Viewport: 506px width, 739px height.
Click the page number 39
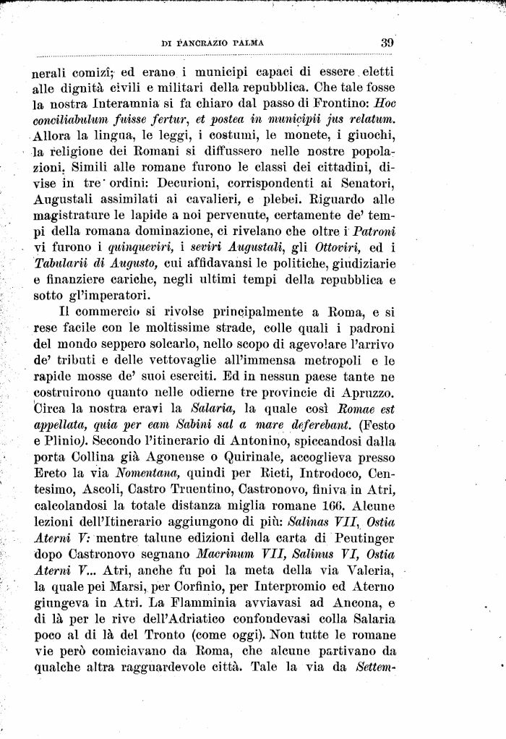[x=387, y=43]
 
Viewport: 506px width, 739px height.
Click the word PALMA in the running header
[x=246, y=43]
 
